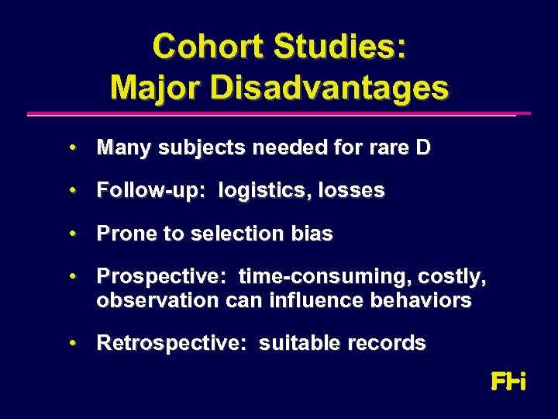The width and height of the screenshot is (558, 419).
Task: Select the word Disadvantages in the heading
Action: point(329,87)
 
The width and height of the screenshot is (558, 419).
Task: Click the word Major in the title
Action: point(156,87)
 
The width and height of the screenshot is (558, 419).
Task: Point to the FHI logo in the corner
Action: point(508,382)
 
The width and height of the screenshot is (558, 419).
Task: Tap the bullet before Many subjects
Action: point(71,147)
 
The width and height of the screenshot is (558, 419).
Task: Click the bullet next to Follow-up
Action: point(71,190)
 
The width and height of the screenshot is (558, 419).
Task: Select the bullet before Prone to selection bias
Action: point(71,234)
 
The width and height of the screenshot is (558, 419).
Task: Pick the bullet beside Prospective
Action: point(71,275)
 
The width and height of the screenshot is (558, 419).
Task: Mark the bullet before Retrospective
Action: point(71,342)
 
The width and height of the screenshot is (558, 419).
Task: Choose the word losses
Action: point(353,191)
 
